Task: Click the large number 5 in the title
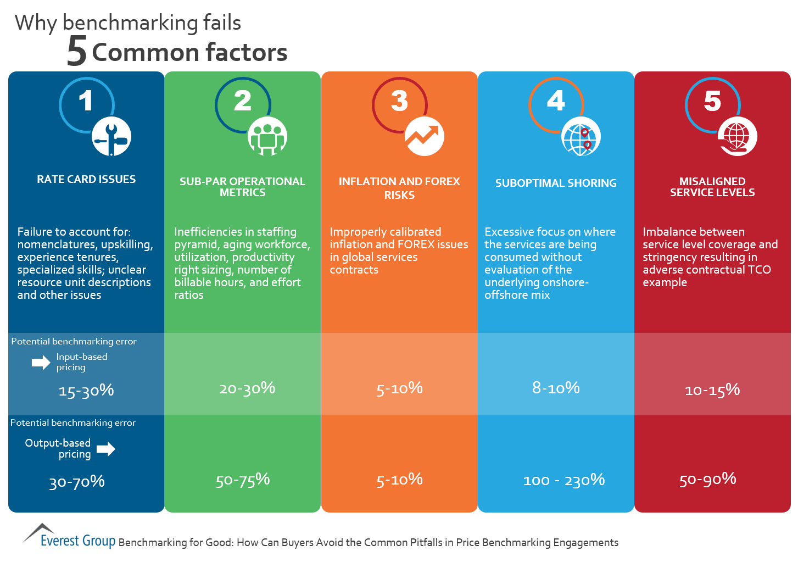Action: (77, 52)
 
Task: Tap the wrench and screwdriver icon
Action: (111, 137)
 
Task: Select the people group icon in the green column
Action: (267, 137)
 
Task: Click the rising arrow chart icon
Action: (424, 136)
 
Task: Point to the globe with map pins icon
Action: (581, 137)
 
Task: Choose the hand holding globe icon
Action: (737, 137)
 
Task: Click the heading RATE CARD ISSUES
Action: (86, 179)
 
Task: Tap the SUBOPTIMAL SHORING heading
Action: (556, 183)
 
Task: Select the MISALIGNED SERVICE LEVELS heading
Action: (712, 187)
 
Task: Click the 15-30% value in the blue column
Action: (86, 391)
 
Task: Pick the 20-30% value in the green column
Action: (247, 388)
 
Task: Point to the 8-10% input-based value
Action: (556, 388)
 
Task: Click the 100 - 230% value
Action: (564, 480)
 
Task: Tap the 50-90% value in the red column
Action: (707, 480)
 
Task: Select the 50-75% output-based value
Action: (243, 480)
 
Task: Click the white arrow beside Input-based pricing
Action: (41, 362)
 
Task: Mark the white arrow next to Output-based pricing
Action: (106, 449)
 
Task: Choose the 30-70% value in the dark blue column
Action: (77, 482)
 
